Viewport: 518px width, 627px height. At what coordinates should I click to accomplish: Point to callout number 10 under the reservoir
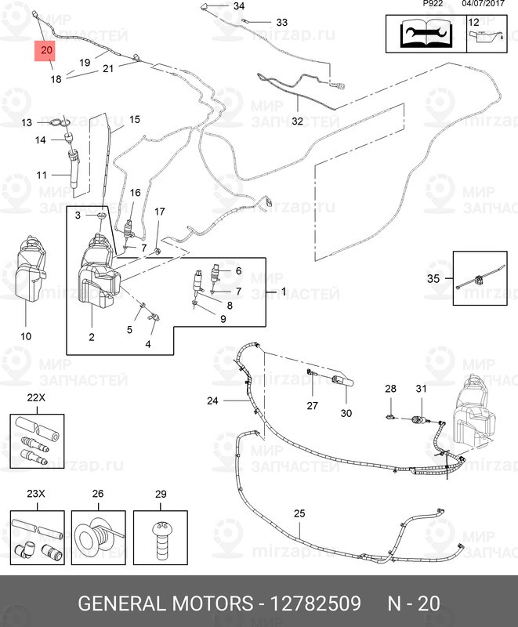coord(26,336)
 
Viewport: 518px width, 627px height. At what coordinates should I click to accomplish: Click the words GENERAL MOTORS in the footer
coord(166,604)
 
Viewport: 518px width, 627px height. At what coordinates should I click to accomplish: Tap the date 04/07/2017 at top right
coord(483,3)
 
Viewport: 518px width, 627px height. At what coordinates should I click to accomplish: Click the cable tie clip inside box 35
coord(478,278)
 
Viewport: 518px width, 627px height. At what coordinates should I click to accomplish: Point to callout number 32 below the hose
coord(297,121)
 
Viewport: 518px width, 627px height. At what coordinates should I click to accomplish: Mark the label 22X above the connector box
coord(36,398)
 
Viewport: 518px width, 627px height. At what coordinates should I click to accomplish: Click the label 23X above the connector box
coord(36,495)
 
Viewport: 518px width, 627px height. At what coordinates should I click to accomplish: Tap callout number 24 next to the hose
coord(212,400)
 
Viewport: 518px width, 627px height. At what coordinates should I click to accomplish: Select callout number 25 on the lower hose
coord(299,513)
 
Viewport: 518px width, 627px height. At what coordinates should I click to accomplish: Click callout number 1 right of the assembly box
coord(283,290)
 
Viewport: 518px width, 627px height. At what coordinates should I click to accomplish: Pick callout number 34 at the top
coord(239,6)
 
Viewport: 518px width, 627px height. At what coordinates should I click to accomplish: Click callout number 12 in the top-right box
coord(473,22)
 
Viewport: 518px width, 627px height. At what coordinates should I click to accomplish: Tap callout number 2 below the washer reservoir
coord(92,337)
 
